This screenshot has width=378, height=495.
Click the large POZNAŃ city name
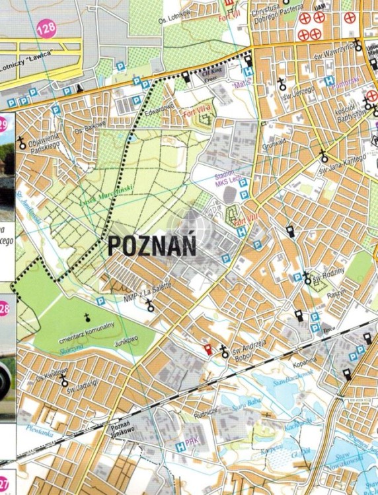point(151,246)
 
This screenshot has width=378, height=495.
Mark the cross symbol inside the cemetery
point(86,317)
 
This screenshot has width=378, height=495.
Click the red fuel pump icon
point(208,349)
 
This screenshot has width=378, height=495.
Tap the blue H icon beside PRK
point(180,447)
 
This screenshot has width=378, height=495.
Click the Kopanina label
point(305,360)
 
